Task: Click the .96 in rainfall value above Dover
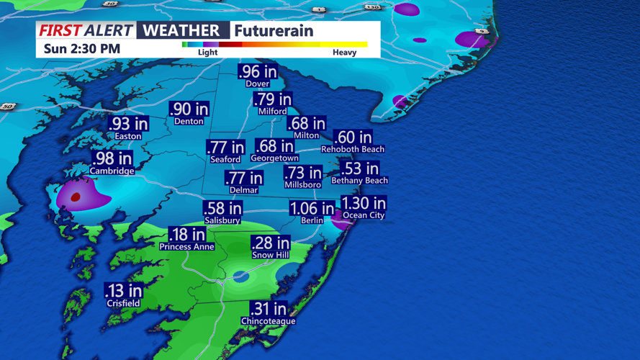click(258, 71)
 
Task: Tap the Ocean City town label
click(364, 215)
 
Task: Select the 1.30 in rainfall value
click(364, 203)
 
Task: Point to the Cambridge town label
click(112, 171)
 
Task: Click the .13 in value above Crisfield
click(123, 290)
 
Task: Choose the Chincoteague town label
click(268, 321)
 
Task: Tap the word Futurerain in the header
click(274, 31)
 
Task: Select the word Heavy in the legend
click(344, 53)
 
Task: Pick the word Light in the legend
click(207, 53)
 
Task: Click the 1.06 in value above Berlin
click(312, 209)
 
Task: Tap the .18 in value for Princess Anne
click(186, 235)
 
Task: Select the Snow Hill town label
click(270, 256)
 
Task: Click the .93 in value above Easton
click(129, 124)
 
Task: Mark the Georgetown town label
click(274, 158)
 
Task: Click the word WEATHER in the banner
click(183, 30)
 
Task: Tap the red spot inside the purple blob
click(76, 197)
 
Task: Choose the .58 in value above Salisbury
click(222, 209)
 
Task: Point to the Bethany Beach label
click(359, 181)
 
